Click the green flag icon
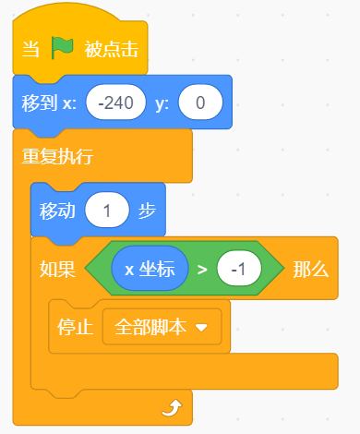click(x=63, y=48)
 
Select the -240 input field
click(x=116, y=102)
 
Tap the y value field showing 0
click(x=200, y=102)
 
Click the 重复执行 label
click(x=57, y=156)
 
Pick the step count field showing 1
click(x=107, y=211)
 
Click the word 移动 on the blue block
click(x=57, y=211)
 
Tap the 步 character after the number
click(x=147, y=211)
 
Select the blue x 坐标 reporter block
click(x=150, y=269)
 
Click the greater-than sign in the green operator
click(x=202, y=270)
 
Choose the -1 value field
click(x=239, y=269)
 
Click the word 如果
click(x=57, y=270)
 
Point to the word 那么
click(x=311, y=270)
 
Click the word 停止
click(x=76, y=327)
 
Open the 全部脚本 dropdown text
click(x=150, y=327)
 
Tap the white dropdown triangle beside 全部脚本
click(x=201, y=328)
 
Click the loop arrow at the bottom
click(x=172, y=408)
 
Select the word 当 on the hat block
click(x=30, y=49)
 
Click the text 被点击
click(x=112, y=49)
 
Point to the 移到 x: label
click(x=49, y=102)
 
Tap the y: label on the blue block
click(x=162, y=103)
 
